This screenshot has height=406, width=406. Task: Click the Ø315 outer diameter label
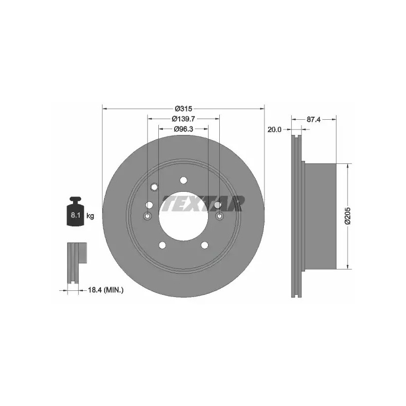(x=183, y=109)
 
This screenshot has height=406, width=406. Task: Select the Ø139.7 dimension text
(x=183, y=119)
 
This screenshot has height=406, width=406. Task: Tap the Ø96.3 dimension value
(x=183, y=129)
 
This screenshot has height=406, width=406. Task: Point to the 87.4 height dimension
(x=314, y=119)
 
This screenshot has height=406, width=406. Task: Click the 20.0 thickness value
(x=274, y=129)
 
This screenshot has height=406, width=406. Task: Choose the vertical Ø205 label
(x=347, y=216)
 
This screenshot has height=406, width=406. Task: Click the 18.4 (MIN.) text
(x=106, y=290)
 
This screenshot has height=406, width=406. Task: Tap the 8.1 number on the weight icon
(x=75, y=215)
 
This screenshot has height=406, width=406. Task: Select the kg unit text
(x=90, y=216)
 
